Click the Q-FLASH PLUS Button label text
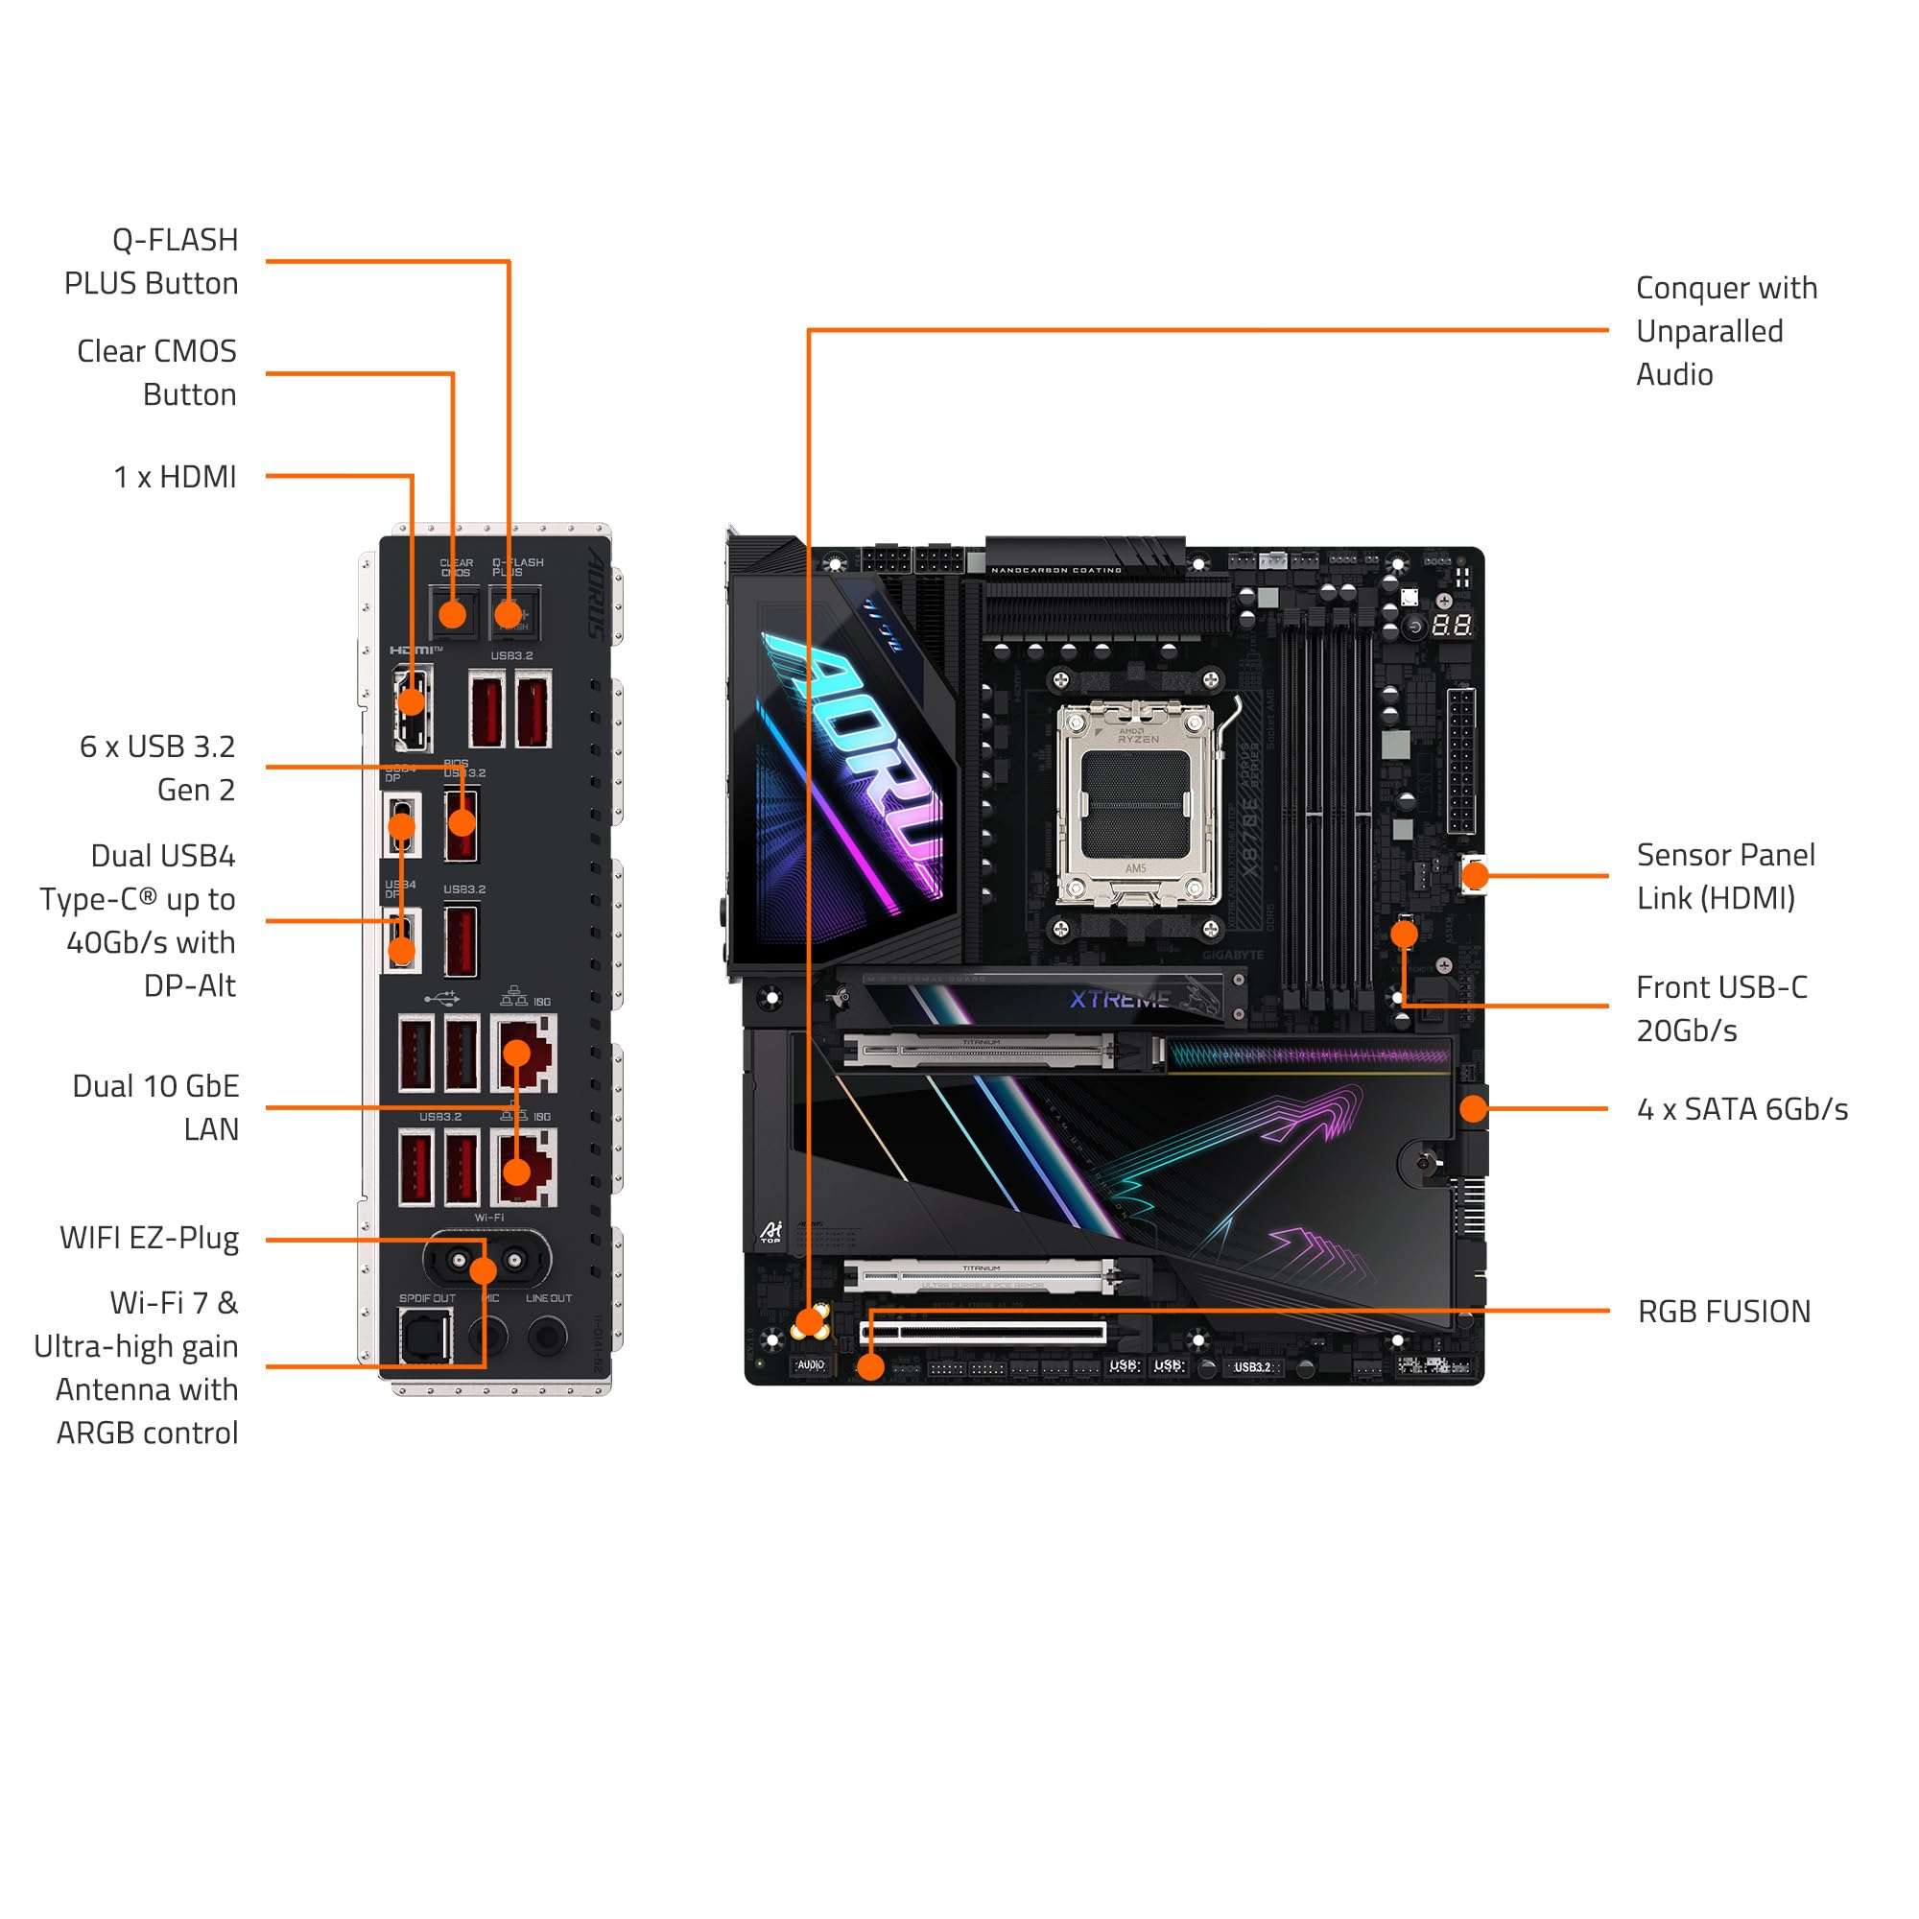tap(151, 262)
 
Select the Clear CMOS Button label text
tap(157, 372)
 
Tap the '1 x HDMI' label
tap(175, 477)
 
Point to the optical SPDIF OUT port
tap(425, 1337)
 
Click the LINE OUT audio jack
tap(547, 1337)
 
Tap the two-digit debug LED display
tap(1451, 626)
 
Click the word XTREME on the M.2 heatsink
tap(1120, 999)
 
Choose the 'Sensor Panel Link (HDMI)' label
tap(1725, 876)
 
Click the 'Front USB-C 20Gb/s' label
tap(1721, 1008)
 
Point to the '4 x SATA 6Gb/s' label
tap(1742, 1108)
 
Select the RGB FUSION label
tap(1724, 1311)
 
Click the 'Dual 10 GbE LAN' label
tap(156, 1107)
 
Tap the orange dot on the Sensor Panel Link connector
tap(1476, 875)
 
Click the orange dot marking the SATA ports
tap(1473, 1108)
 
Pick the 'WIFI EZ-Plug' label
tap(149, 1239)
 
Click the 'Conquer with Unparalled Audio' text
tap(1725, 331)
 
